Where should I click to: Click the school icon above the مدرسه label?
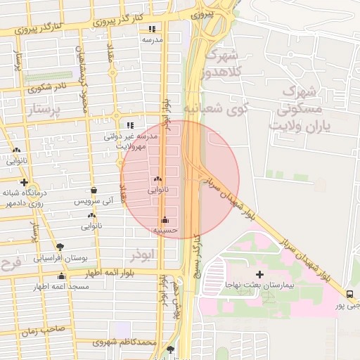152,29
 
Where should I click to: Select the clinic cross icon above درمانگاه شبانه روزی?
25,182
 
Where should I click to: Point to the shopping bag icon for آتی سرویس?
94,190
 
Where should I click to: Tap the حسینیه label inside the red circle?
166,230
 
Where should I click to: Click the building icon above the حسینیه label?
165,219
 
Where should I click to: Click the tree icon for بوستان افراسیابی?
60,247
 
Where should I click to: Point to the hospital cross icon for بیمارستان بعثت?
259,274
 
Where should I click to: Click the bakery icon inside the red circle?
158,179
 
